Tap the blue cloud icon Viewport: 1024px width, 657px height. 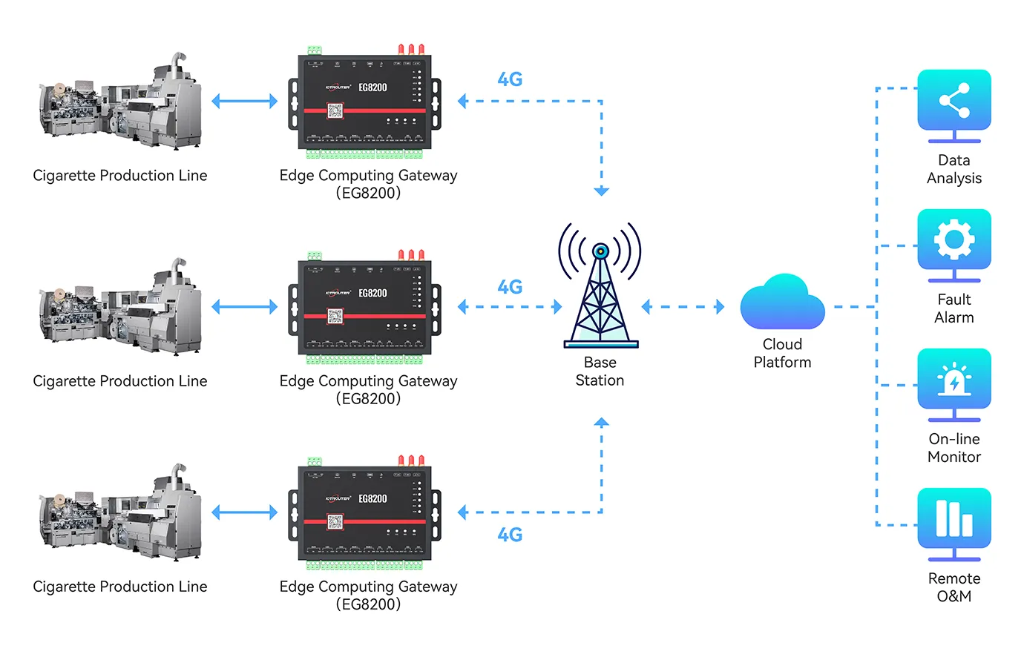tap(782, 303)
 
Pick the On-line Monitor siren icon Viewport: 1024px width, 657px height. tap(954, 380)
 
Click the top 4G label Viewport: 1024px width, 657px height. tap(510, 79)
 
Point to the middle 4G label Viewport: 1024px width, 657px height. tap(510, 287)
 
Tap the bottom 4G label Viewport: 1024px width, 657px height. tap(510, 535)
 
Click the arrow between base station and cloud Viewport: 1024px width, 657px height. tap(683, 307)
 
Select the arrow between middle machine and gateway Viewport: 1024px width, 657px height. tap(244, 307)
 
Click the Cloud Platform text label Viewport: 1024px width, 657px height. tap(782, 353)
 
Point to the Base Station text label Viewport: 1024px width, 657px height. tap(600, 372)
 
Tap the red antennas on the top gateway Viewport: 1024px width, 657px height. tap(411, 50)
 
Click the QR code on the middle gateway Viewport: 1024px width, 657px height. tap(335, 316)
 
